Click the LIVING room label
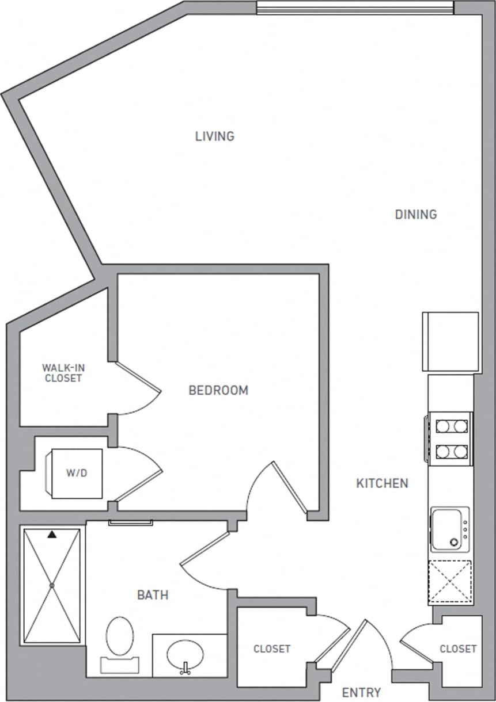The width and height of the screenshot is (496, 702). click(214, 136)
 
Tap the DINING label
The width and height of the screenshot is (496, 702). click(415, 215)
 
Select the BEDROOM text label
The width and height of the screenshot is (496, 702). click(218, 390)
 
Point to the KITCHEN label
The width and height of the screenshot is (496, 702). click(382, 483)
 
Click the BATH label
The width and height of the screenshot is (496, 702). click(153, 595)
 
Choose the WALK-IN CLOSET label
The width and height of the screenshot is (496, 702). click(62, 373)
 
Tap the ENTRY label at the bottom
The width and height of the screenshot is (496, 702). click(361, 692)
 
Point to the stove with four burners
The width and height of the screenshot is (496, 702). click(450, 438)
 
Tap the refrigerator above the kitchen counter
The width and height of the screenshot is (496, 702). click(450, 342)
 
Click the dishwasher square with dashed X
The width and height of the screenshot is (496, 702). click(449, 582)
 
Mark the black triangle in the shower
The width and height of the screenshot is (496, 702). click(52, 535)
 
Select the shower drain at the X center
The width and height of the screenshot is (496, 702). click(51, 586)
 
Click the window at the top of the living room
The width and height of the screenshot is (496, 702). click(355, 7)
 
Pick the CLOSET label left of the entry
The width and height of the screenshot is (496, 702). click(272, 649)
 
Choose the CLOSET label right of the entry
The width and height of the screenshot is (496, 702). click(458, 649)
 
